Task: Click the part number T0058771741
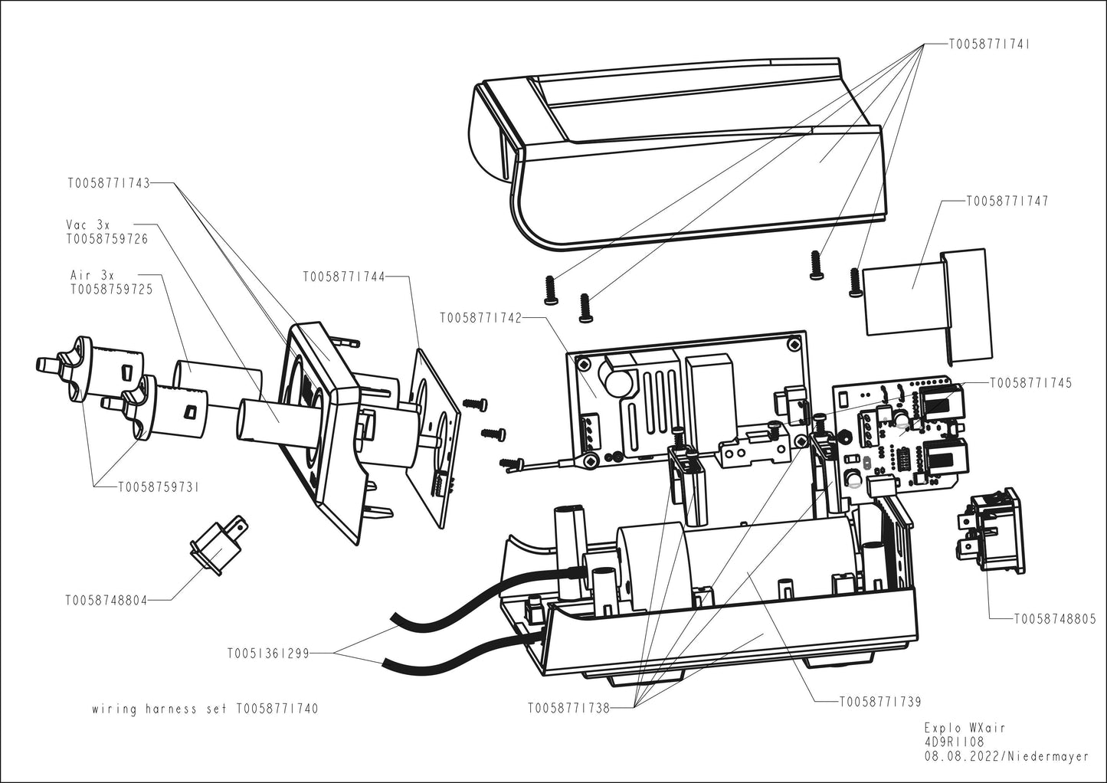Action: coord(989,44)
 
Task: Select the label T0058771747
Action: coord(1007,201)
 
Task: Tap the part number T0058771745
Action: coord(1031,382)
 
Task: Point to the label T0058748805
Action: coord(1055,618)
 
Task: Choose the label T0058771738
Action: coord(568,708)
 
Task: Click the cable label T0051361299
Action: coord(267,654)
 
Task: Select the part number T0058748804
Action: coord(106,601)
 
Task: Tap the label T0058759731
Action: coord(158,487)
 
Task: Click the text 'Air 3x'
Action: coord(92,275)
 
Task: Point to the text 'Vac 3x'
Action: coord(88,224)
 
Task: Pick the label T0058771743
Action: coord(108,183)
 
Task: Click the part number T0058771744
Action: coord(343,276)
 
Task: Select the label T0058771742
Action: coord(480,317)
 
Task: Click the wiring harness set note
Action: coord(204,709)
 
